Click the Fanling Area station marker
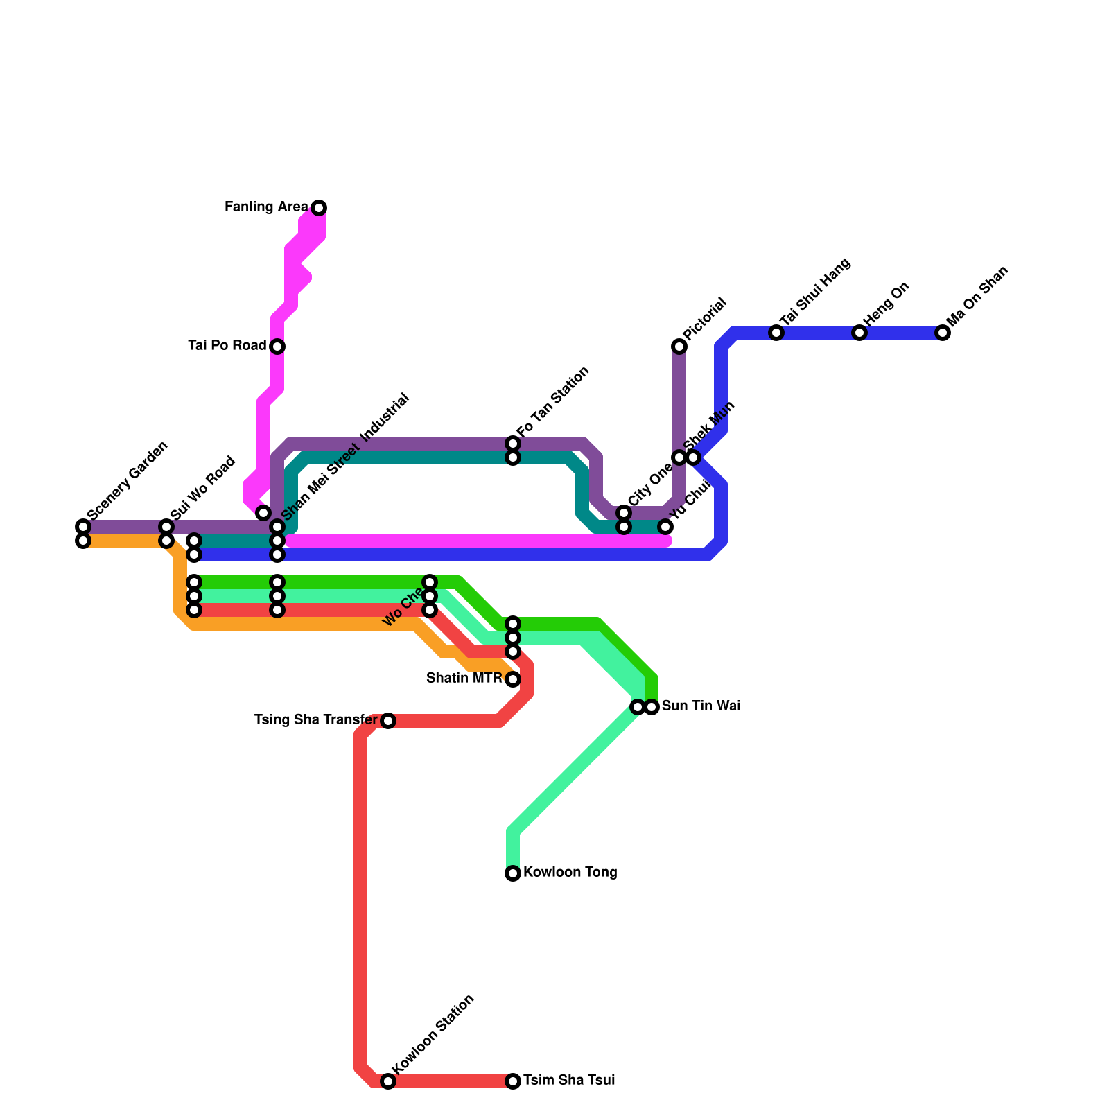pos(319,207)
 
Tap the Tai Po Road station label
pos(227,345)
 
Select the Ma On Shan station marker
pos(942,333)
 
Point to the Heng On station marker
pos(859,333)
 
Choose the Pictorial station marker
pos(679,346)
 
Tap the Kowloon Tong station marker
pos(513,873)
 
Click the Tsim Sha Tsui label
pos(569,1081)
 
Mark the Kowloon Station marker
pos(388,1081)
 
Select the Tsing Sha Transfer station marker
pos(388,721)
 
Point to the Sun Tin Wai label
pos(701,706)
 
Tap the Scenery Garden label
pos(128,480)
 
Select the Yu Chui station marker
pos(665,527)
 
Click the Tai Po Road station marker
pos(277,346)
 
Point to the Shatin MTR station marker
pos(513,679)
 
